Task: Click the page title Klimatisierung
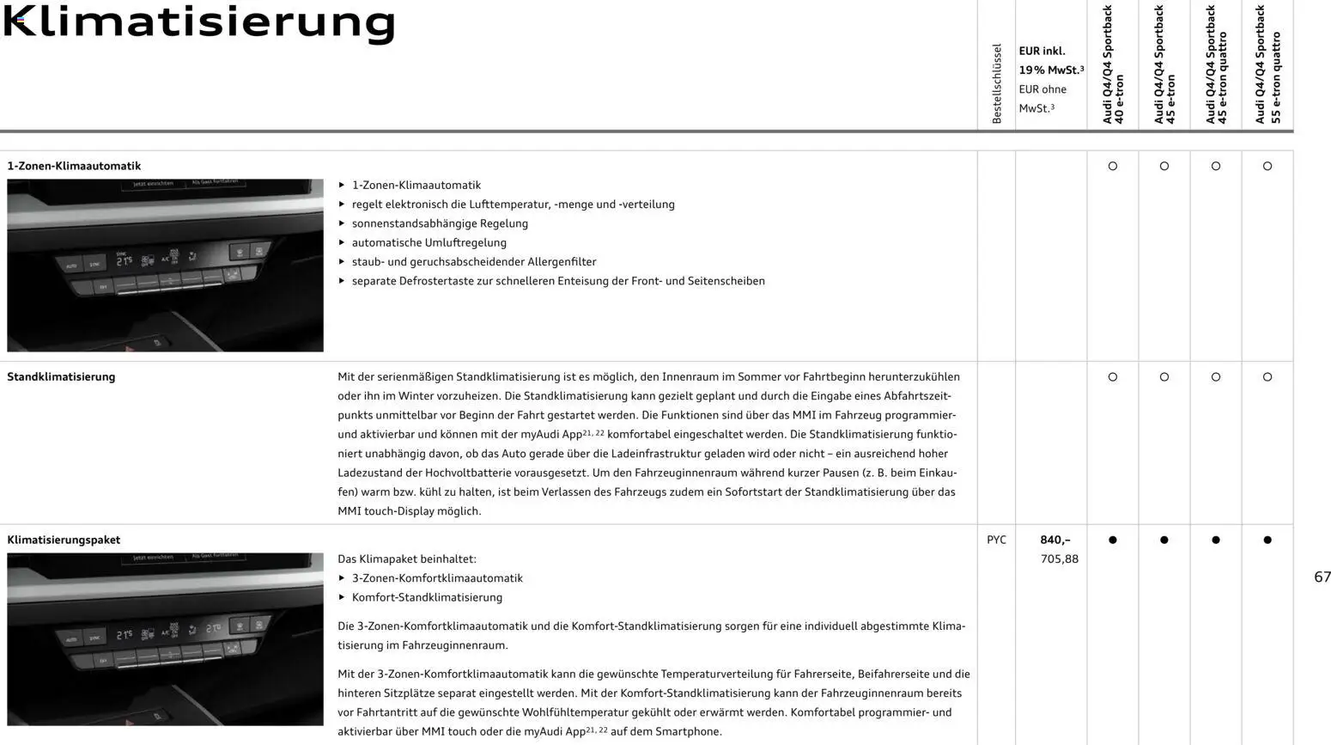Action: pos(199,23)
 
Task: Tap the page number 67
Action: pos(1322,577)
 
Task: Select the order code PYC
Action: pos(996,540)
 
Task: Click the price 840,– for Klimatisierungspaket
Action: pos(1054,540)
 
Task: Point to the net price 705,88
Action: pos(1059,559)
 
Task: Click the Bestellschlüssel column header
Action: pos(996,84)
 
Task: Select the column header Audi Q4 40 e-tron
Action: pos(1113,65)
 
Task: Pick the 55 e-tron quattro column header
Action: pos(1267,65)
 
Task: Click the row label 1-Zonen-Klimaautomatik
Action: pos(74,166)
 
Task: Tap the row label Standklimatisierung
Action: pos(61,376)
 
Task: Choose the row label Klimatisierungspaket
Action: pos(64,540)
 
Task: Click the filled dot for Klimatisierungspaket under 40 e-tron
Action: pos(1113,540)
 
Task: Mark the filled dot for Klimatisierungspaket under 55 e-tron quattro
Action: pos(1267,540)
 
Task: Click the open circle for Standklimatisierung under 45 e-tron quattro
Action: pos(1216,376)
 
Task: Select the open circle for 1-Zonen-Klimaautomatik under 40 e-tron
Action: pos(1113,166)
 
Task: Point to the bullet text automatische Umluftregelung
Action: pos(428,242)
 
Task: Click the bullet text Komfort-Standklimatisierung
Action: pos(427,597)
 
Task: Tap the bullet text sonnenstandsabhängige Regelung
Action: pos(440,223)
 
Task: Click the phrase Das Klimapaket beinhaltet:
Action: pos(406,559)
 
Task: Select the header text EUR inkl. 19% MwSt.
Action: pos(1050,60)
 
